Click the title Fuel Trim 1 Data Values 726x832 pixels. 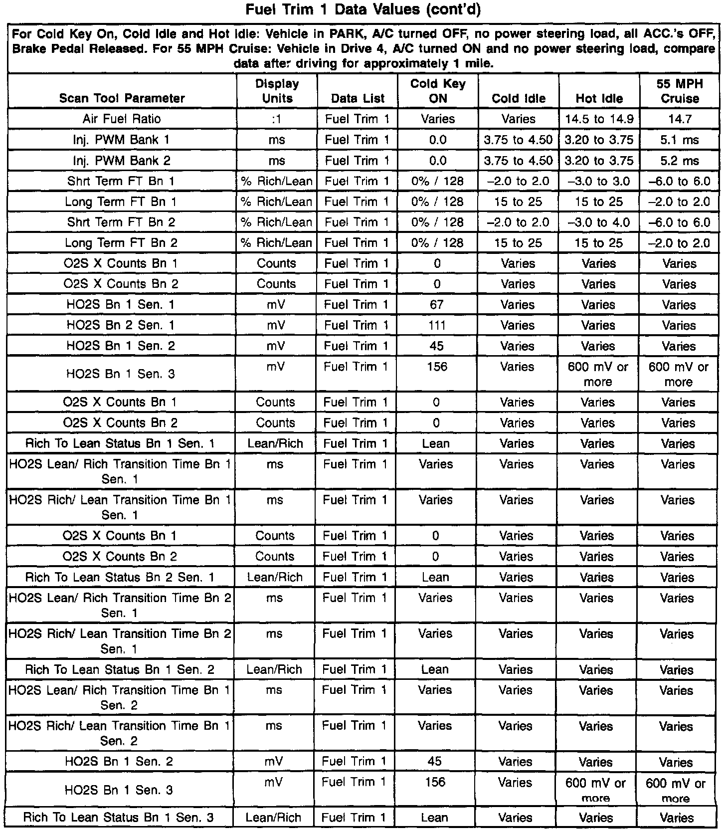363,10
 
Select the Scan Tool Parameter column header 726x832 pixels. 122,98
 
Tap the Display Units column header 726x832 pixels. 277,91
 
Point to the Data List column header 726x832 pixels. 358,98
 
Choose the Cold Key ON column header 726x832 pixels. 438,91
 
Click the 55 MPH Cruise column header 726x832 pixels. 680,91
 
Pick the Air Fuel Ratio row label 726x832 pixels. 122,119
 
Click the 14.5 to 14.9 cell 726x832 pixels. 599,119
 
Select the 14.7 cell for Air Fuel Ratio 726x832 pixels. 680,119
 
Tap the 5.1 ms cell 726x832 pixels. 680,140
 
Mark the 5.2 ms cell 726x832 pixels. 680,161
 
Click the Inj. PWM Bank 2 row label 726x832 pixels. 122,161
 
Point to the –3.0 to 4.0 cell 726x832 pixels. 599,222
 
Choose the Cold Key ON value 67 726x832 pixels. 437,304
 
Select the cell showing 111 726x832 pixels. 437,325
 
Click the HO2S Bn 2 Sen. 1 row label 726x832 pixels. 121,325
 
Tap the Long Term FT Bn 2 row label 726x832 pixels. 121,243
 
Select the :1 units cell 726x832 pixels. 277,119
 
